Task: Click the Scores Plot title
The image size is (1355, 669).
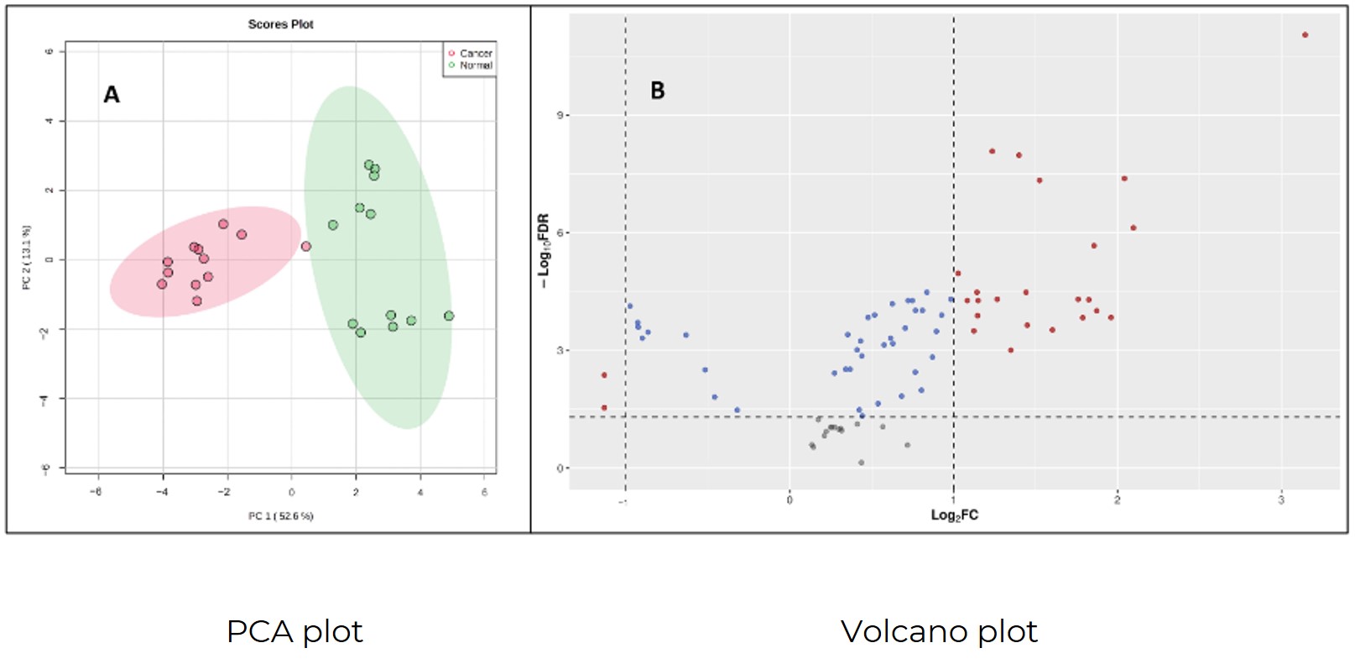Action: [x=280, y=24]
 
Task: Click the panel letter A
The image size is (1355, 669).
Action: [x=112, y=95]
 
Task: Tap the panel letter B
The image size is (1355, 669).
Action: [x=658, y=91]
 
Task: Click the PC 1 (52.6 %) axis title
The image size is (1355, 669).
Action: [x=280, y=515]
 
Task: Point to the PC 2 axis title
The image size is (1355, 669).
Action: [x=27, y=258]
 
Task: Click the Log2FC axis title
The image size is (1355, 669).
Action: [x=954, y=515]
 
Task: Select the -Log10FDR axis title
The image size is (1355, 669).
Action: [x=544, y=250]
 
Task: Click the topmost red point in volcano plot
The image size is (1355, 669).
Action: [x=1305, y=35]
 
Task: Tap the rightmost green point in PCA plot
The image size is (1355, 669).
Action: [x=449, y=316]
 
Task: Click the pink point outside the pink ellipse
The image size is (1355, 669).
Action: [x=305, y=246]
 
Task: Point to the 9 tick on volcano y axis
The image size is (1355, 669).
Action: [x=560, y=115]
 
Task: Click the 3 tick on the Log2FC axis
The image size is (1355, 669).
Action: [x=1281, y=500]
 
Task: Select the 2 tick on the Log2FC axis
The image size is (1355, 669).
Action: [x=1117, y=500]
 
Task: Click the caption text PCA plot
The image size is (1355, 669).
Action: [x=294, y=631]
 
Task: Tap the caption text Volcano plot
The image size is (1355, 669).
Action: [x=939, y=631]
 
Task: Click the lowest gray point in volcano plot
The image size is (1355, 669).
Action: [x=861, y=463]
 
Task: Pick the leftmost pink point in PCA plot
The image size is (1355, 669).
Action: [x=162, y=284]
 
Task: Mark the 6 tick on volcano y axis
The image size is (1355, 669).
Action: [x=560, y=233]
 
